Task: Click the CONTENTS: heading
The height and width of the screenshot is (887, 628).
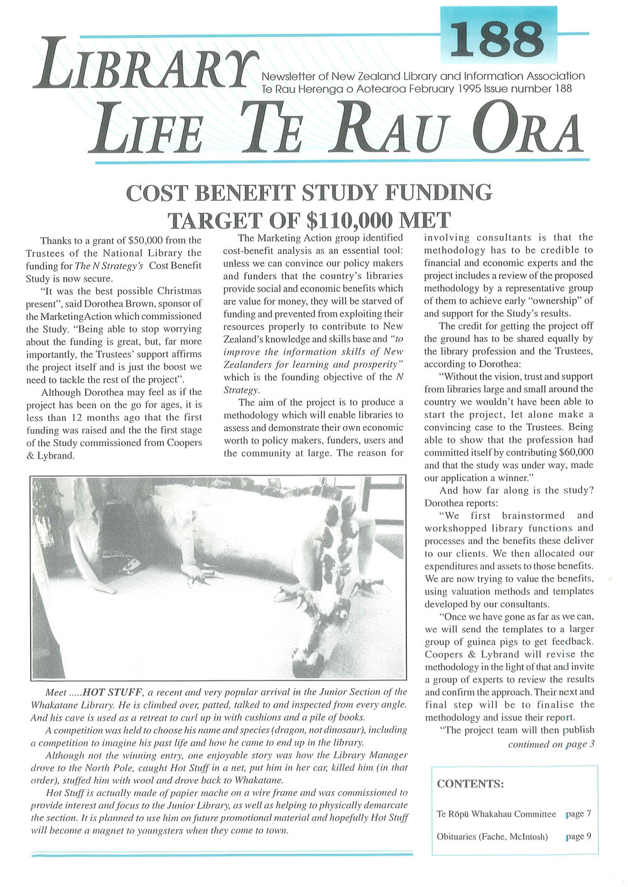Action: click(x=470, y=784)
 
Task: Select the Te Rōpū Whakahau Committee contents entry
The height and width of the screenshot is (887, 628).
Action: click(x=496, y=814)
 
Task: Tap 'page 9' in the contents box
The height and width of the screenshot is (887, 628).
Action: click(x=578, y=836)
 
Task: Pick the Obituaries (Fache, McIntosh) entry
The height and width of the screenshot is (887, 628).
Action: click(x=492, y=836)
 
